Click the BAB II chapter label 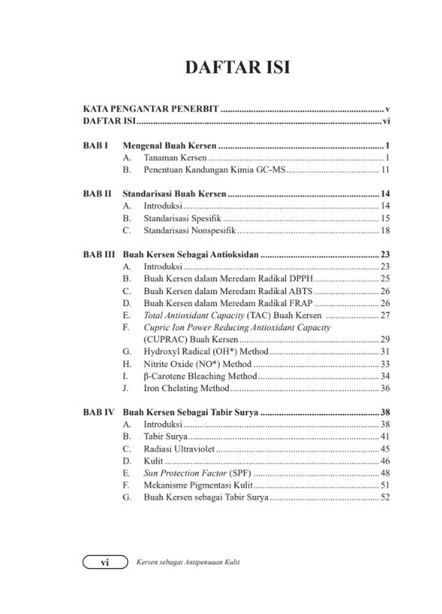click(x=97, y=193)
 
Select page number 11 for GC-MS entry click(x=384, y=170)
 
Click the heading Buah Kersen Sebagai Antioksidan click(x=191, y=254)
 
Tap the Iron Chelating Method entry click(x=186, y=388)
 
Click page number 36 click(x=384, y=388)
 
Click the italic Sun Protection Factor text click(x=179, y=473)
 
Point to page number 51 click(x=384, y=485)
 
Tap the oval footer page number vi click(x=105, y=562)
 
